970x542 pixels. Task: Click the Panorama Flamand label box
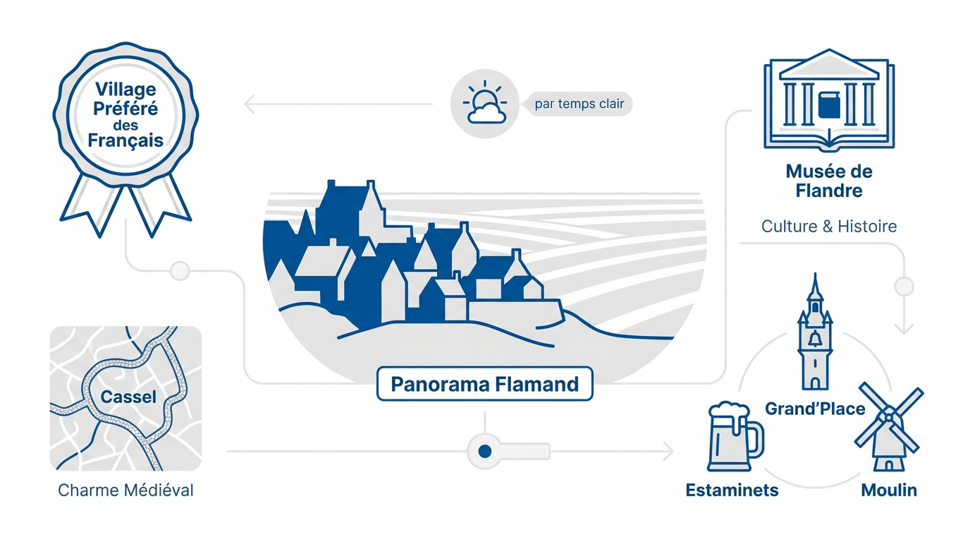pyautogui.click(x=484, y=384)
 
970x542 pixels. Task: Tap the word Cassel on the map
pyautogui.click(x=128, y=397)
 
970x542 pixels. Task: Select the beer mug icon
pyautogui.click(x=735, y=437)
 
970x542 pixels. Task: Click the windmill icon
pyautogui.click(x=889, y=427)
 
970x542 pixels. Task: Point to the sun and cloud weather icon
pyautogui.click(x=485, y=103)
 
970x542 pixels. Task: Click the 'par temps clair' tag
pyautogui.click(x=579, y=104)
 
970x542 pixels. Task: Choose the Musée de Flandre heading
pyautogui.click(x=829, y=181)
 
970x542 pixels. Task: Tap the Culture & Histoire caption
pyautogui.click(x=829, y=227)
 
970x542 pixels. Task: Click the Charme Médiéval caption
pyautogui.click(x=125, y=490)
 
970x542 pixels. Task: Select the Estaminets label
pyautogui.click(x=732, y=490)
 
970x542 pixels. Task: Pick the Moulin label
pyautogui.click(x=889, y=490)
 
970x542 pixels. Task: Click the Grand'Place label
pyautogui.click(x=815, y=409)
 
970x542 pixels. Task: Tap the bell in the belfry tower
pyautogui.click(x=816, y=339)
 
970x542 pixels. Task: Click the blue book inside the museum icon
pyautogui.click(x=829, y=105)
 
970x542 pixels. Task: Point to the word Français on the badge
pyautogui.click(x=125, y=141)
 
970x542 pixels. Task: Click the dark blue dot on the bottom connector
pyautogui.click(x=485, y=452)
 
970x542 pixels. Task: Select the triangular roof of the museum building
pyautogui.click(x=829, y=64)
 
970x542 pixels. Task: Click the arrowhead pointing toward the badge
pyautogui.click(x=250, y=104)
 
